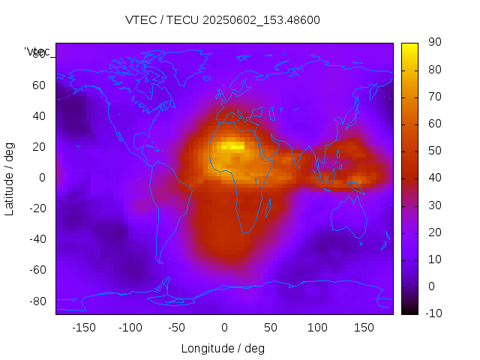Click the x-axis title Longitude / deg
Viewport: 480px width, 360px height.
223,348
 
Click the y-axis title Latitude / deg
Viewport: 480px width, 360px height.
10,178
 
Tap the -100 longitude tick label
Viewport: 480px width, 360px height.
130,327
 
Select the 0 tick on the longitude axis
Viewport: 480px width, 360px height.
223,327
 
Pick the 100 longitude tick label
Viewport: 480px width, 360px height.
317,327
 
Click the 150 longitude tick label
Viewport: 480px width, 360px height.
364,327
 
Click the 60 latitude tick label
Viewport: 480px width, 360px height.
38,85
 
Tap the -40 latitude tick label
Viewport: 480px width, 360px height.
36,239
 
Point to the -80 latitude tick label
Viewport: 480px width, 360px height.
36,301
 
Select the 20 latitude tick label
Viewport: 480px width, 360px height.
38,147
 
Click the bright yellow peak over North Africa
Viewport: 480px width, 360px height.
234,147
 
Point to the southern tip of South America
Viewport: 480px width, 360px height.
160,262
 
